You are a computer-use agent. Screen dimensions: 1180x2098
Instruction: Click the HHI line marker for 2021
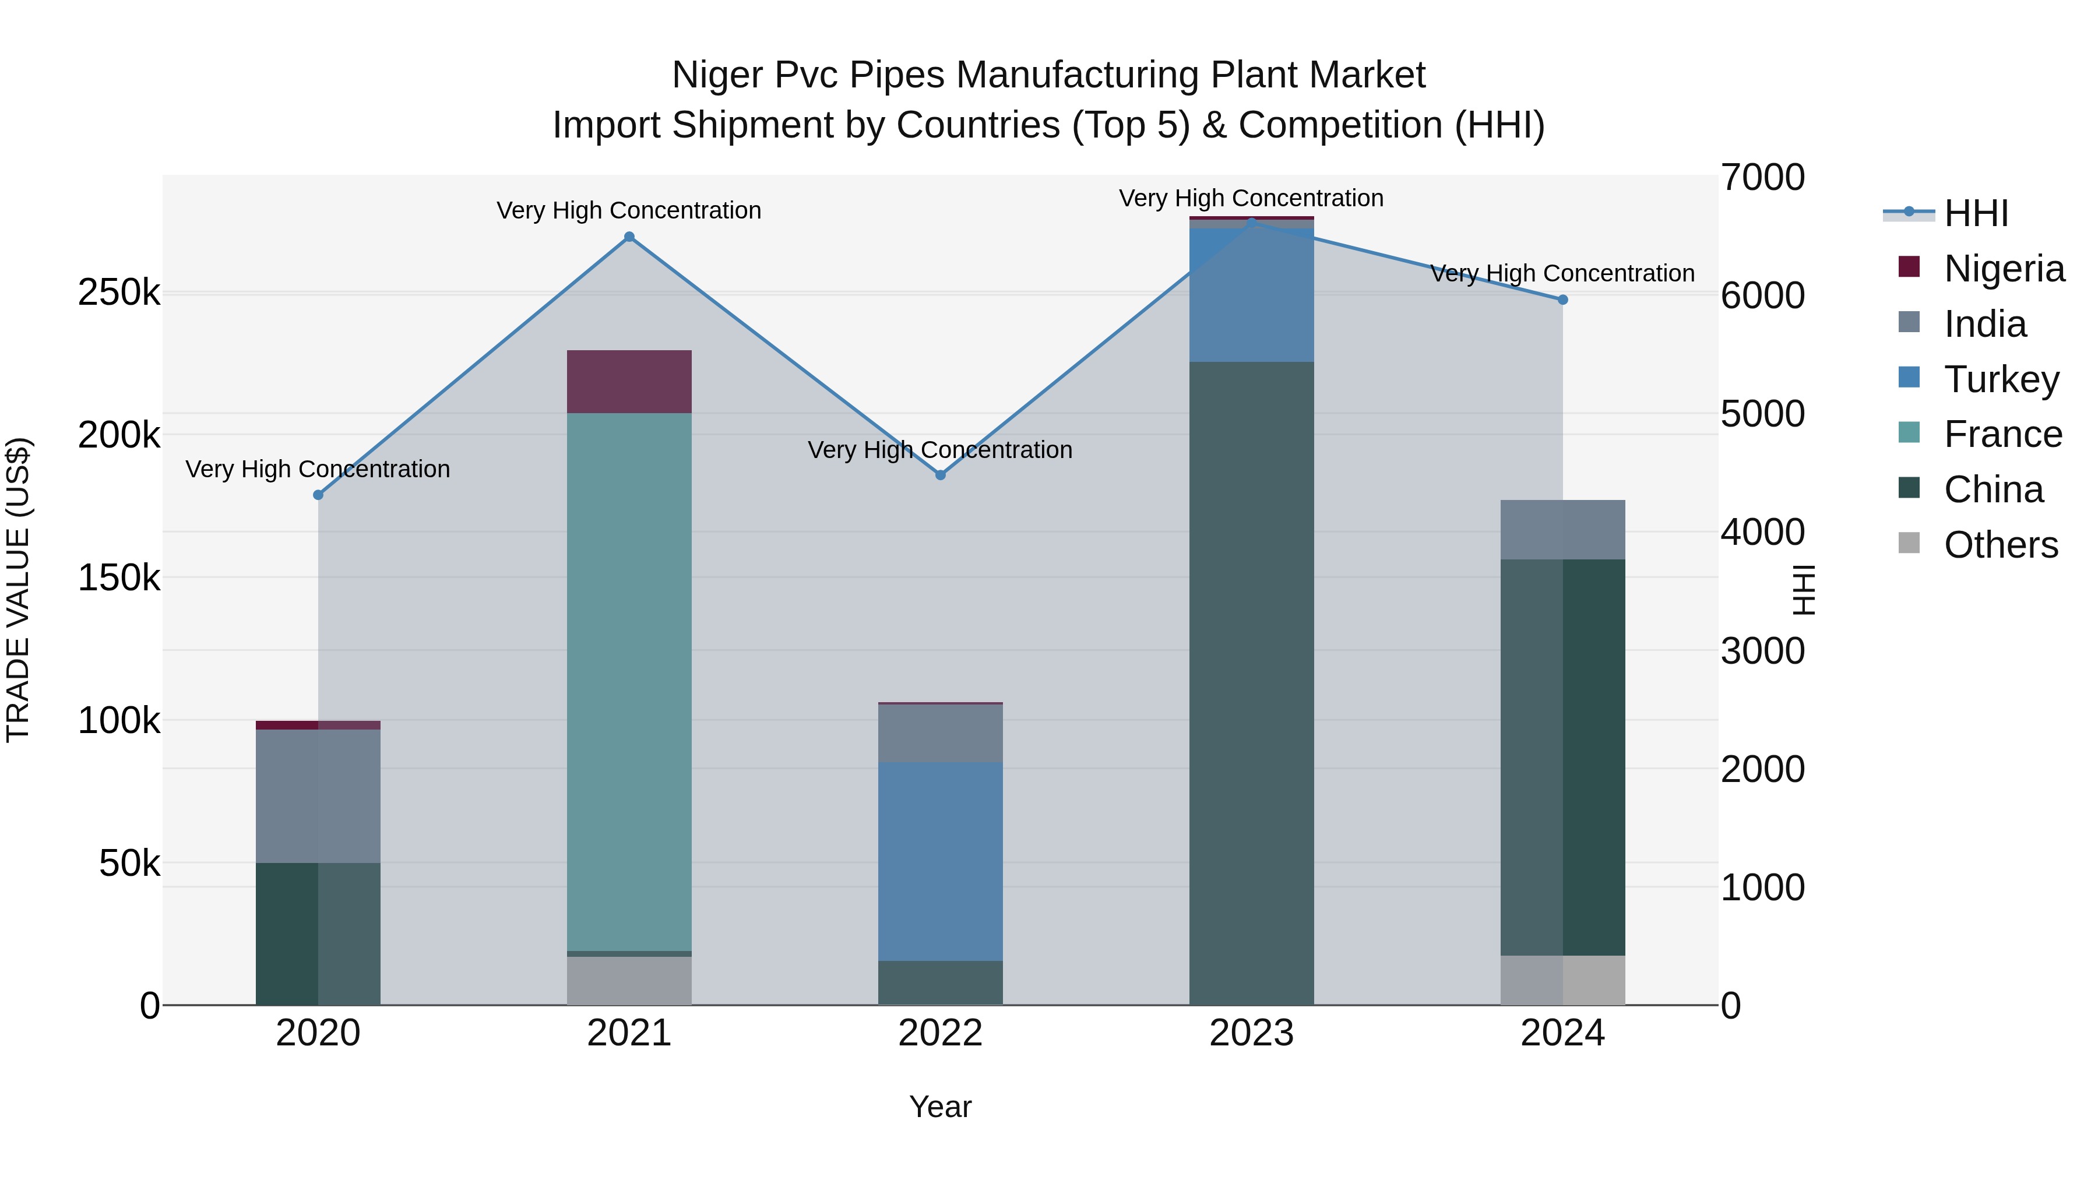(629, 237)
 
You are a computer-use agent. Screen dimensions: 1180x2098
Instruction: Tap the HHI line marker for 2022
(941, 475)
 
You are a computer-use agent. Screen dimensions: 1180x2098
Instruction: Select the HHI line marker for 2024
(1562, 300)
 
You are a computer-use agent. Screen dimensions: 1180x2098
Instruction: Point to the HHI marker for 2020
(318, 495)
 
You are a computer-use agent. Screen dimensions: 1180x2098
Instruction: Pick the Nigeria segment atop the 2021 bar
(629, 381)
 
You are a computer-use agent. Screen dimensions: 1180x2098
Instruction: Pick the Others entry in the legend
(2000, 545)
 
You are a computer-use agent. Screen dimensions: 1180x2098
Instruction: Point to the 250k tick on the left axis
(119, 293)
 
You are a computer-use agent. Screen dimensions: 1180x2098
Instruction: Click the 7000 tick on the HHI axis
(1762, 178)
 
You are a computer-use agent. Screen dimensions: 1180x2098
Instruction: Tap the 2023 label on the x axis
(1252, 1033)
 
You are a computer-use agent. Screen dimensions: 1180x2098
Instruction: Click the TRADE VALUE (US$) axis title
(18, 590)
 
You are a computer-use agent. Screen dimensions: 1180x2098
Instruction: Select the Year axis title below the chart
(941, 1107)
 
